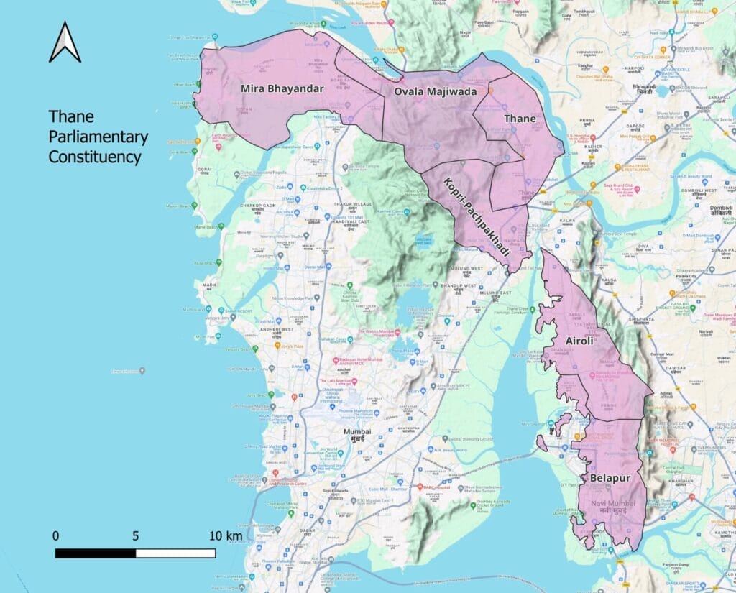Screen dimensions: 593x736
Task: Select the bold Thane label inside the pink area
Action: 518,118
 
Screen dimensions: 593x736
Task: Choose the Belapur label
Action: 609,477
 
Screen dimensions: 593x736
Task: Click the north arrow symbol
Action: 65,42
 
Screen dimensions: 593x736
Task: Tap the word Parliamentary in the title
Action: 98,137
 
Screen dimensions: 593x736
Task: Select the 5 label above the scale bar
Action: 135,536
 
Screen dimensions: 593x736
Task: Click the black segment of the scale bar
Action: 96,553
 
